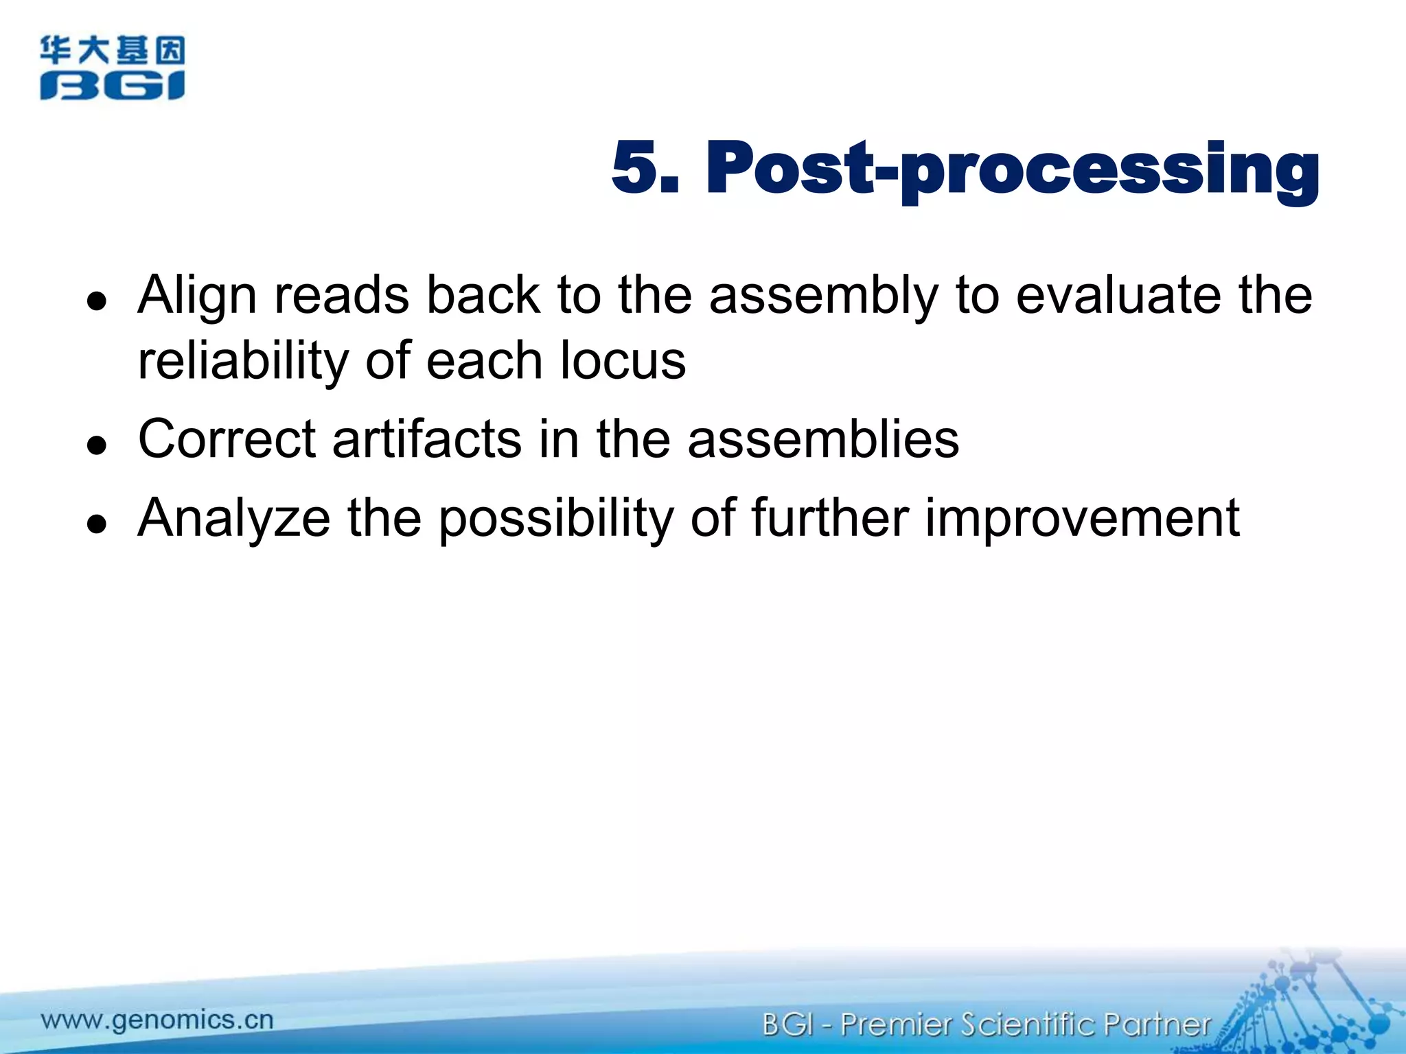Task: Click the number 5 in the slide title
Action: (x=635, y=167)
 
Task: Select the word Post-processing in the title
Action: (x=1012, y=169)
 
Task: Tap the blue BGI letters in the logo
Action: (x=112, y=86)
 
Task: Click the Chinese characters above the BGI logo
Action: (x=112, y=51)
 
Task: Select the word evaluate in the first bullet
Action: (x=1118, y=295)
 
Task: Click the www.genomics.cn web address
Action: (x=157, y=1020)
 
